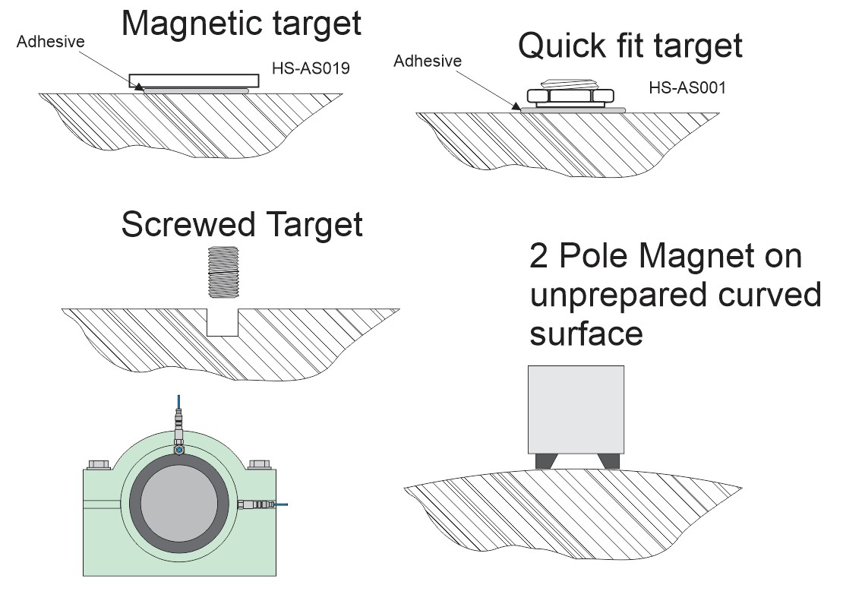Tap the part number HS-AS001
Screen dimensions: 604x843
point(687,88)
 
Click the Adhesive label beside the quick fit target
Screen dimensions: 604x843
point(427,61)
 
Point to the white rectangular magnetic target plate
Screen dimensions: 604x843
point(194,80)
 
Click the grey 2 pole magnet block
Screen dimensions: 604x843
point(576,409)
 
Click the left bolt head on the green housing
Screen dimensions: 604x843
point(99,463)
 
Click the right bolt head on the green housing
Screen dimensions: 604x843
point(259,463)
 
